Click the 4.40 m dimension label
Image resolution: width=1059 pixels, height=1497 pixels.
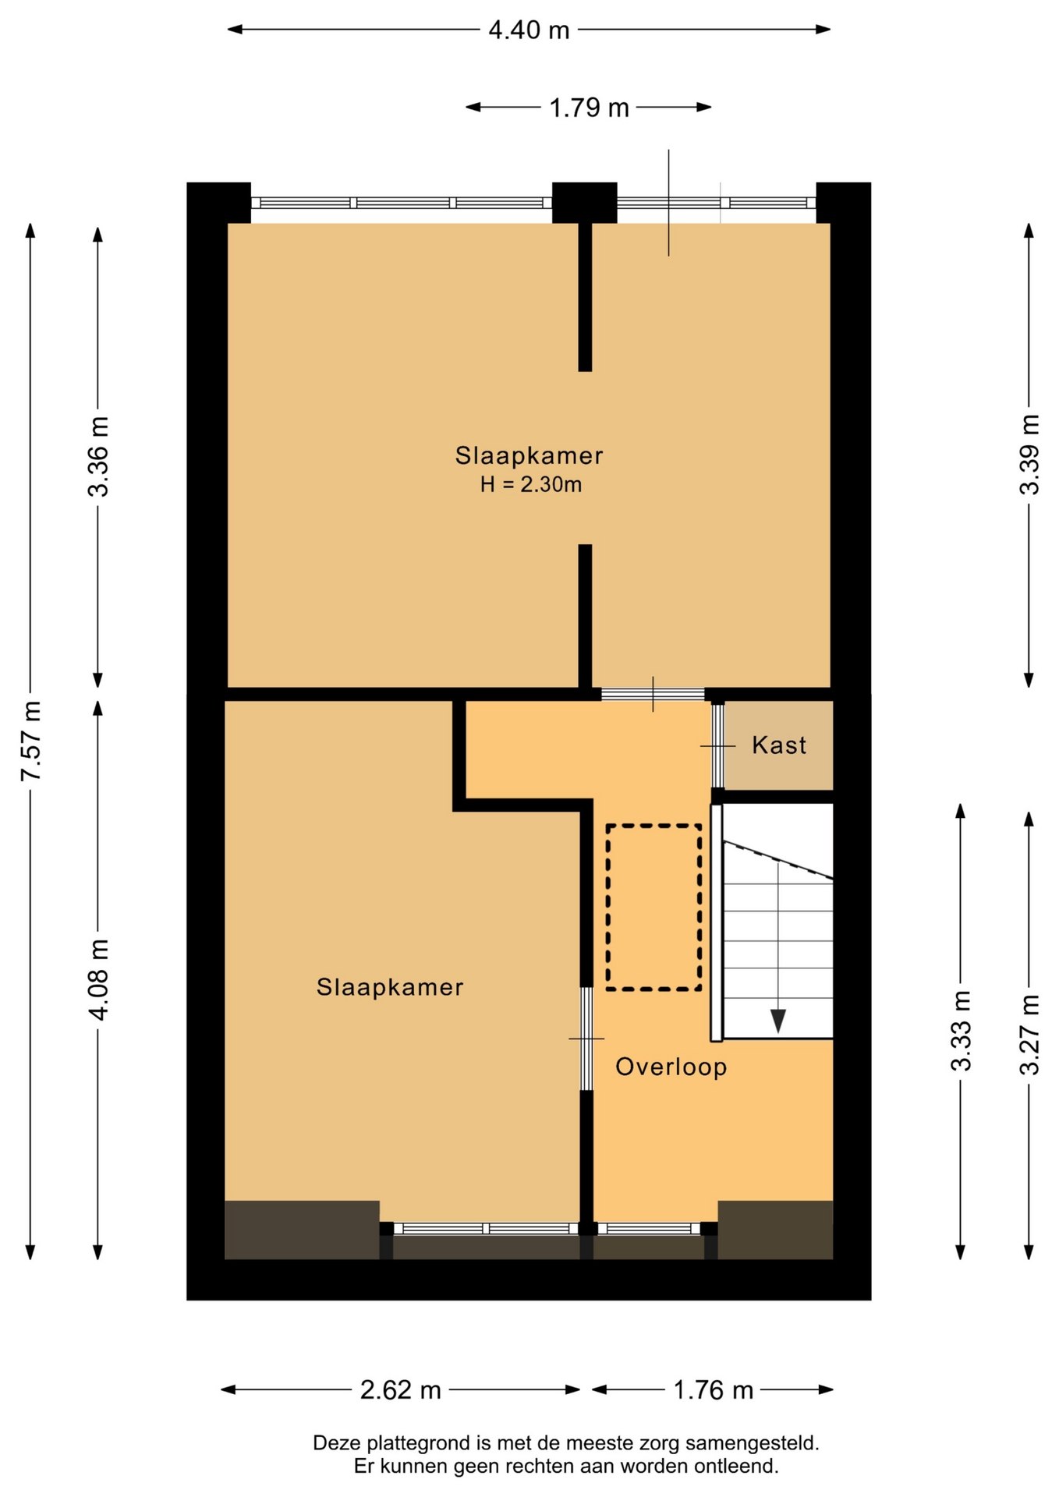pyautogui.click(x=529, y=30)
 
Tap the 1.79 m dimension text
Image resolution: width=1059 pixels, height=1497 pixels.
pyautogui.click(x=589, y=108)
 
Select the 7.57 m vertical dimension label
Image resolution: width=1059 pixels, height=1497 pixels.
pyautogui.click(x=31, y=741)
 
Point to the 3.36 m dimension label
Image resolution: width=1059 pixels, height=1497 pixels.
pyautogui.click(x=98, y=456)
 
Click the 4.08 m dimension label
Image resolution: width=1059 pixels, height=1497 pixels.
pyautogui.click(x=98, y=979)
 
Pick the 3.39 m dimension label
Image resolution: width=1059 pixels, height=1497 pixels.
pyautogui.click(x=1029, y=454)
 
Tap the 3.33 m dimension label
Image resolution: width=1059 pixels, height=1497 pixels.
pyautogui.click(x=961, y=1031)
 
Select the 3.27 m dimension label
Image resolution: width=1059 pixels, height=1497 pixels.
pyautogui.click(x=1029, y=1035)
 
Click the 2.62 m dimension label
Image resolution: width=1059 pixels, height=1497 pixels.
pyautogui.click(x=401, y=1389)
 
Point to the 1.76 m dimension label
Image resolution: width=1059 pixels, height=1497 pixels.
pyautogui.click(x=713, y=1389)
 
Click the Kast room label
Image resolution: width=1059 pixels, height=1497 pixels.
pyautogui.click(x=779, y=745)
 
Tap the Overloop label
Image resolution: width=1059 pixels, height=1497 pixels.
pyautogui.click(x=671, y=1067)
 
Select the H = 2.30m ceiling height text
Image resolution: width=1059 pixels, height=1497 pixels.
pyautogui.click(x=530, y=485)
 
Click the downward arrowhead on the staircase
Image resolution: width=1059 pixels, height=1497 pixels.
pyautogui.click(x=777, y=1021)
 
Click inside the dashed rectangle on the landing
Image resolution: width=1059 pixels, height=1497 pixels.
pyautogui.click(x=653, y=908)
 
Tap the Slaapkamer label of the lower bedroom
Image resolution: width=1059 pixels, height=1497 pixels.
pyautogui.click(x=390, y=987)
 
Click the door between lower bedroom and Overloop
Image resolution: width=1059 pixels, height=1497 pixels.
pyautogui.click(x=586, y=1039)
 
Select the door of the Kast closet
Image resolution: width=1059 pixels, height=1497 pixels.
pyautogui.click(x=717, y=746)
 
